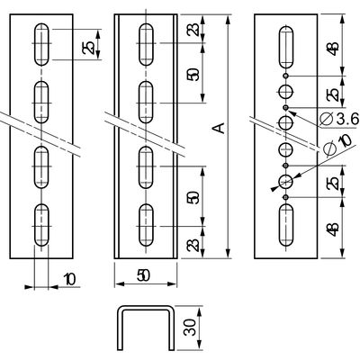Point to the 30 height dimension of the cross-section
(190, 328)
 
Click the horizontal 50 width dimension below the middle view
(143, 275)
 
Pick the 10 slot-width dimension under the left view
(69, 279)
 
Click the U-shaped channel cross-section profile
(146, 328)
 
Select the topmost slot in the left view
(41, 44)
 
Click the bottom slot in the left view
(41, 225)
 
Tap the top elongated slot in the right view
(286, 48)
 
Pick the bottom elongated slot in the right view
(286, 225)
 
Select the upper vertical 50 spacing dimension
(194, 74)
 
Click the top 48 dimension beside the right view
(334, 48)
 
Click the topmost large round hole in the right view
(286, 92)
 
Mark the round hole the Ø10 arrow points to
(286, 181)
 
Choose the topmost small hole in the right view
(286, 76)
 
